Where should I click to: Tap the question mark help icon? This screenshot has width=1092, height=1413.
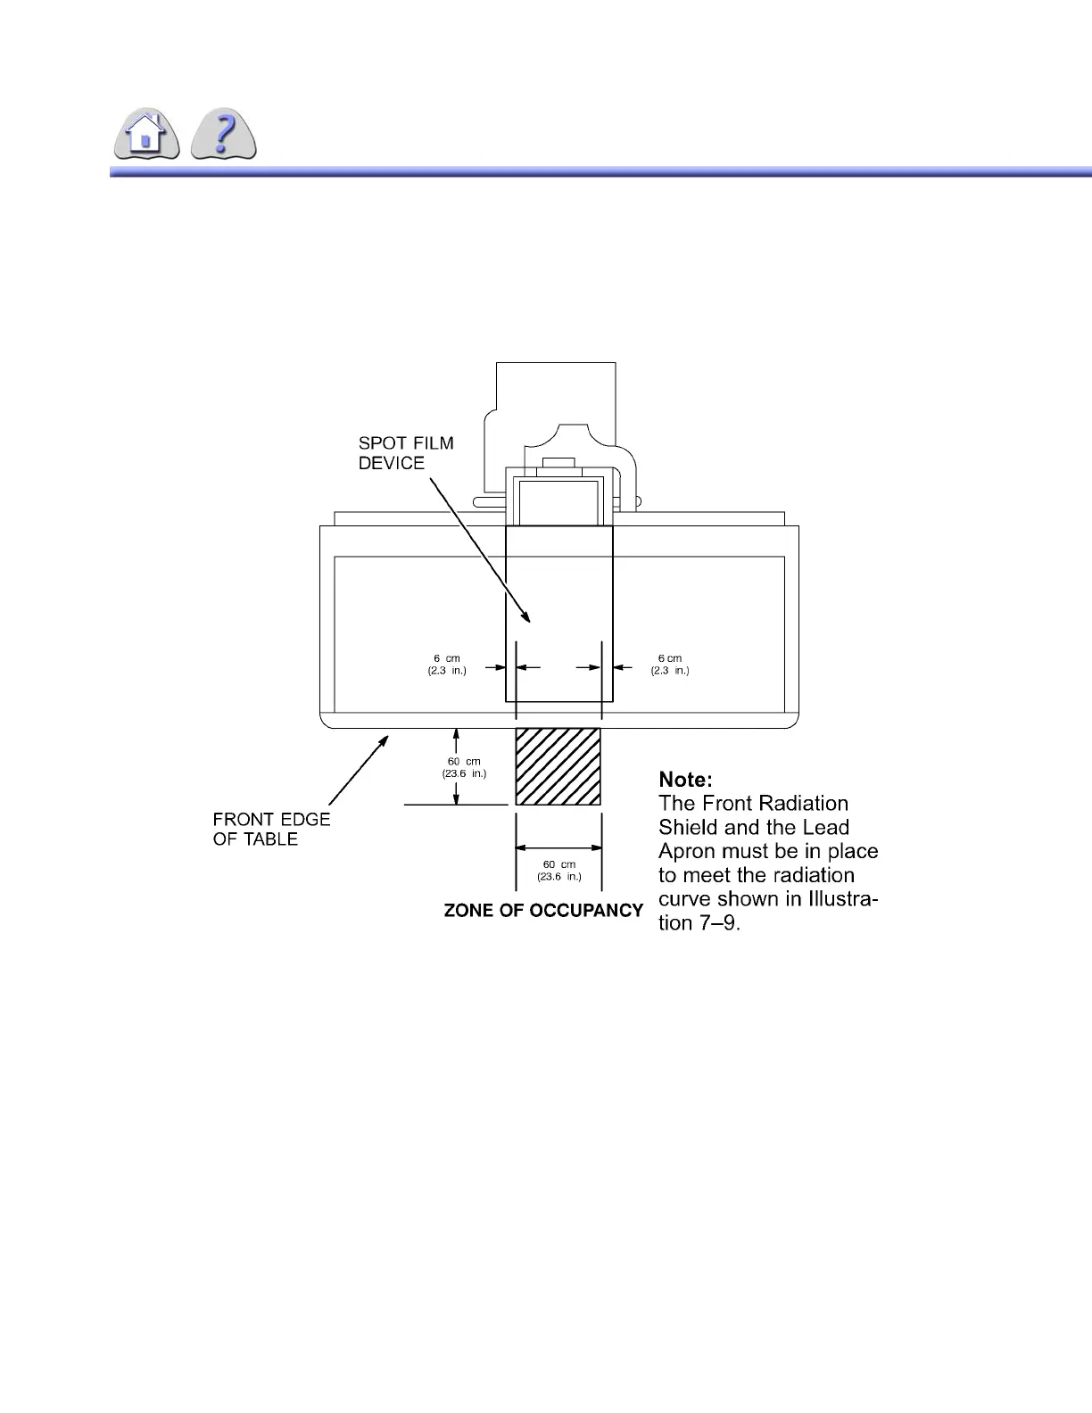coord(224,136)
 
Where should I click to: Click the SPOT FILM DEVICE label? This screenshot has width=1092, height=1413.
coord(406,453)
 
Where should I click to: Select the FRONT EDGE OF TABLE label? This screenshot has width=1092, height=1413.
coord(271,829)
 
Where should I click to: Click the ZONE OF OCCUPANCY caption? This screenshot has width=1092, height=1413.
coord(543,911)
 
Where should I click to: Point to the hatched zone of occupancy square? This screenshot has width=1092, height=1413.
coord(558,766)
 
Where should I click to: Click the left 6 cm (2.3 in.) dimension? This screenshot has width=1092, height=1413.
coord(447,665)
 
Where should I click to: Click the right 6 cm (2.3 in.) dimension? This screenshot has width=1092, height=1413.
coord(670,665)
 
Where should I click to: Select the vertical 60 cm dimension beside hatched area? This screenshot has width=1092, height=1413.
coord(464,767)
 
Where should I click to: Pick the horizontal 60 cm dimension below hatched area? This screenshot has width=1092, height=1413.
coord(559,871)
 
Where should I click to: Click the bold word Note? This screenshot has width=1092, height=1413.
coord(685,780)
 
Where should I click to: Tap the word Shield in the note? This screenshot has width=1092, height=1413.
coord(687,828)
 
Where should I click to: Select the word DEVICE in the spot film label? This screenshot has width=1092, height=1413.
coord(392,463)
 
